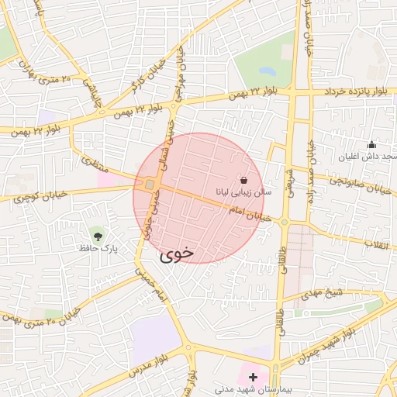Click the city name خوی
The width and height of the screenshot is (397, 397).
click(178, 254)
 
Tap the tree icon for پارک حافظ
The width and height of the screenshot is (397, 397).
click(97, 234)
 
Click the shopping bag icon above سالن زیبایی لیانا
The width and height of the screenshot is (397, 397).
click(244, 179)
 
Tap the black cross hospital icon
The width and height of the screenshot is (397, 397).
click(253, 376)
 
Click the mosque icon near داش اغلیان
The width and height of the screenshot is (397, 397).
click(371, 144)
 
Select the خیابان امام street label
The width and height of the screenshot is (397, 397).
click(250, 214)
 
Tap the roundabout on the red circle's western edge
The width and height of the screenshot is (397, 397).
click(148, 185)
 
